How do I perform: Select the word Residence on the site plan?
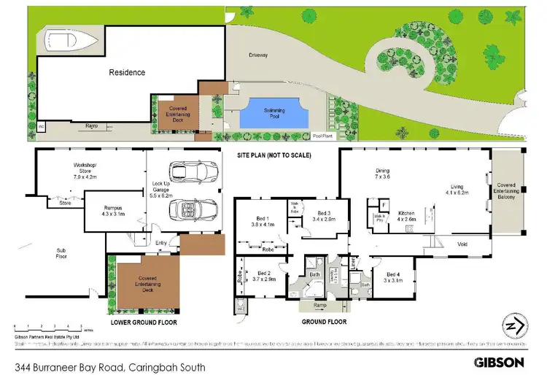127,72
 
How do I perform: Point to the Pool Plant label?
322,136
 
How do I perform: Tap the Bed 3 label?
325,214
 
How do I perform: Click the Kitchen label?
406,215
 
